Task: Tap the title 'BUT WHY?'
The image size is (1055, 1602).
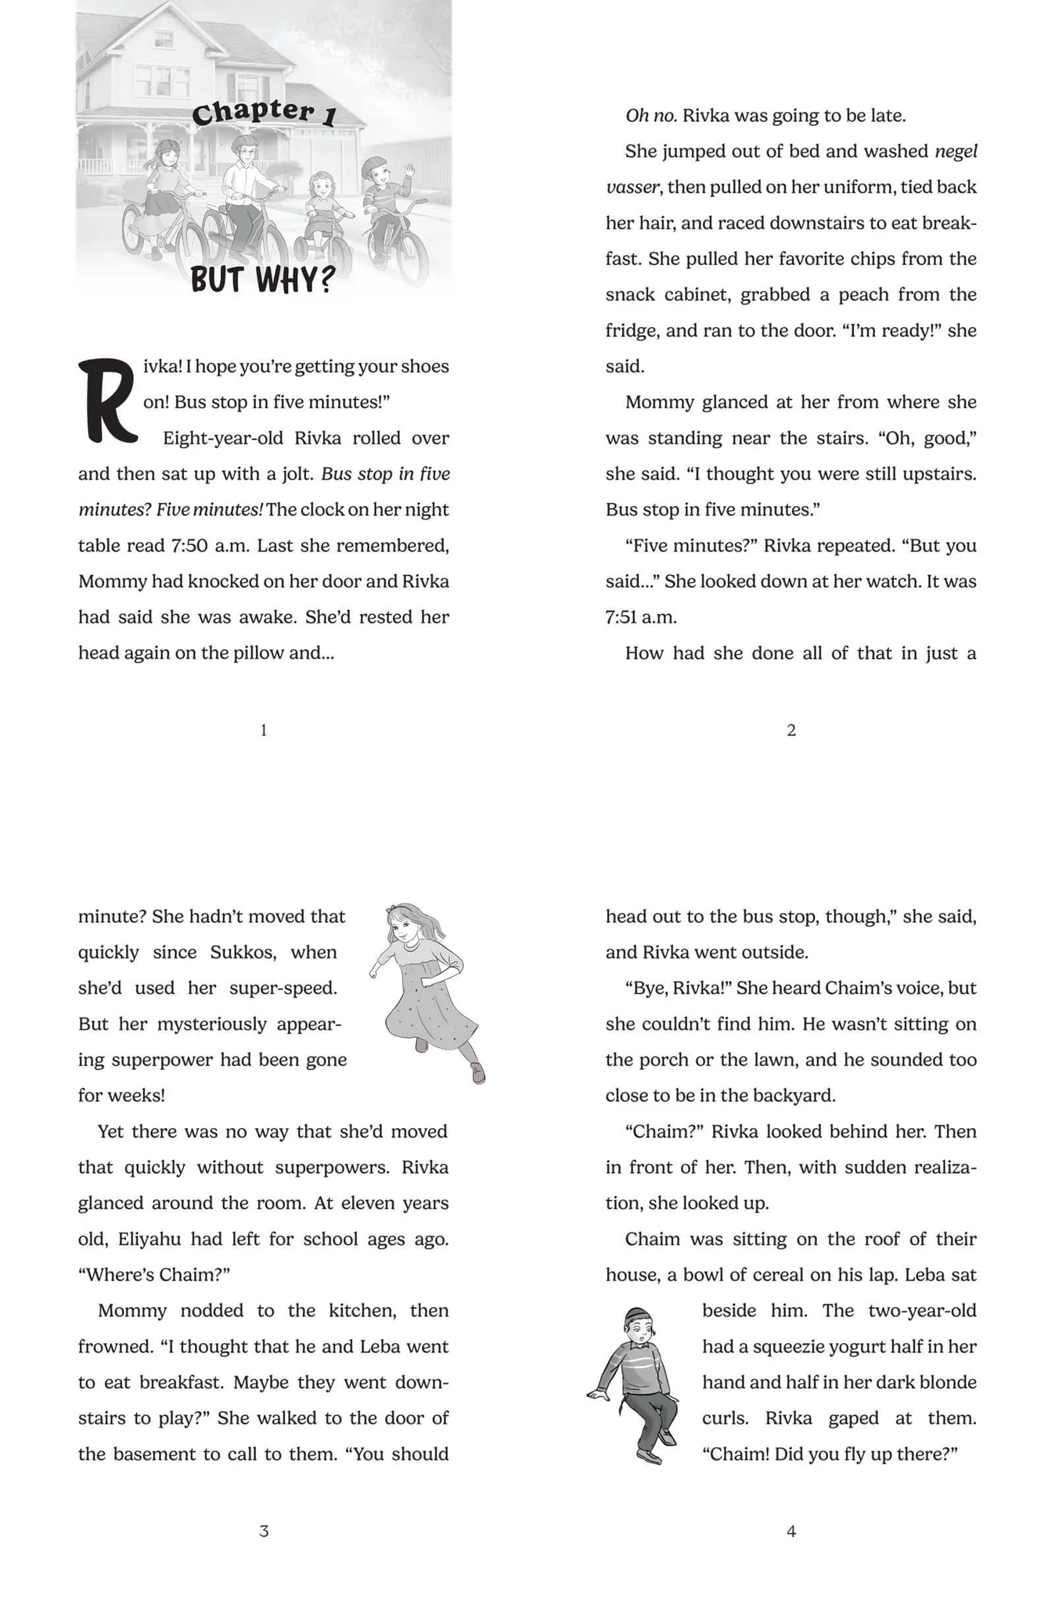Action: pyautogui.click(x=263, y=279)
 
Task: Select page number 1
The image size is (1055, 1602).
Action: pyautogui.click(x=264, y=730)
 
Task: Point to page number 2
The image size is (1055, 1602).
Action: pyautogui.click(x=791, y=730)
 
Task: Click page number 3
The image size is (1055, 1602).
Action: pyautogui.click(x=264, y=1531)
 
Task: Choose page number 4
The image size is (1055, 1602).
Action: pyautogui.click(x=791, y=1531)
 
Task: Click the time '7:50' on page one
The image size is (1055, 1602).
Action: pyautogui.click(x=189, y=545)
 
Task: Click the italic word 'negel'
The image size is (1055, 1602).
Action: pyautogui.click(x=956, y=151)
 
